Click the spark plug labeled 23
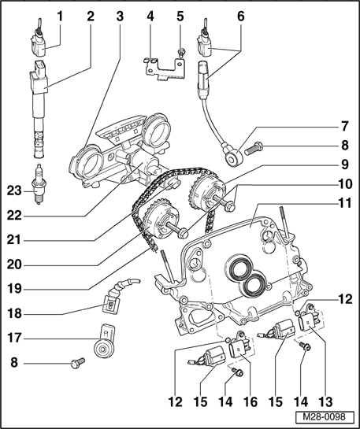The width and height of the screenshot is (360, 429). tap(39, 184)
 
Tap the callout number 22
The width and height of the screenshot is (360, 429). tap(14, 216)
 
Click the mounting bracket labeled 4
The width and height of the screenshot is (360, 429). tap(165, 69)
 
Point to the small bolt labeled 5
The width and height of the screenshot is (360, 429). tap(180, 52)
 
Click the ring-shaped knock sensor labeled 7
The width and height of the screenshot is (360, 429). tap(233, 154)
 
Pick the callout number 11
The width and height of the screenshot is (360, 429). tap(344, 203)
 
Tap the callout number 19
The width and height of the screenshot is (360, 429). tap(14, 289)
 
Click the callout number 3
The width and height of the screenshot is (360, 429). tap(120, 17)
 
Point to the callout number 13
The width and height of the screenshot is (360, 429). tap(325, 402)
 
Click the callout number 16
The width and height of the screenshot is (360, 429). tap(251, 402)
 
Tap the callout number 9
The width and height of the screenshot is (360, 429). tap(345, 165)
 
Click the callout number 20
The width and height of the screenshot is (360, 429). tap(14, 264)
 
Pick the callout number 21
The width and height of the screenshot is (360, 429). tap(14, 240)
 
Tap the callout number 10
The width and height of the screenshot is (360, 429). tap(345, 184)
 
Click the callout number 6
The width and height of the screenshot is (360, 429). tap(240, 17)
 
